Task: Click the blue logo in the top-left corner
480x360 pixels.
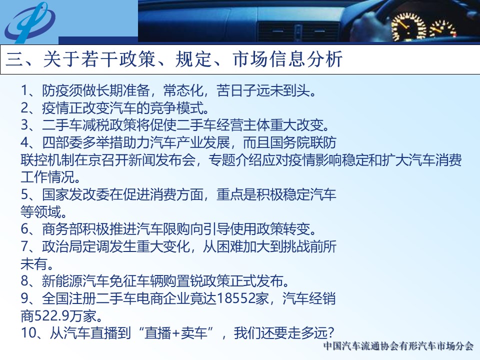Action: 29,22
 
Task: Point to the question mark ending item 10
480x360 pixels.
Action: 329,333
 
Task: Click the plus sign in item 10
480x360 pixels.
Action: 175,333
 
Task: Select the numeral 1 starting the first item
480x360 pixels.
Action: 25,90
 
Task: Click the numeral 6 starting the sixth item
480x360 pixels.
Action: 25,229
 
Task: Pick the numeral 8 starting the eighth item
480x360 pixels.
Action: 25,281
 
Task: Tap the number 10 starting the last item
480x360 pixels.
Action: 29,333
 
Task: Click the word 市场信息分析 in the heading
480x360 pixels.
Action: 287,59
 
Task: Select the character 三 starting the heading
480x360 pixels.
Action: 14,59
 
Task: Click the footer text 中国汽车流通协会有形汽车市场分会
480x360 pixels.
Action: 398,346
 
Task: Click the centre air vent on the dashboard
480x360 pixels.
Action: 298,31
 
